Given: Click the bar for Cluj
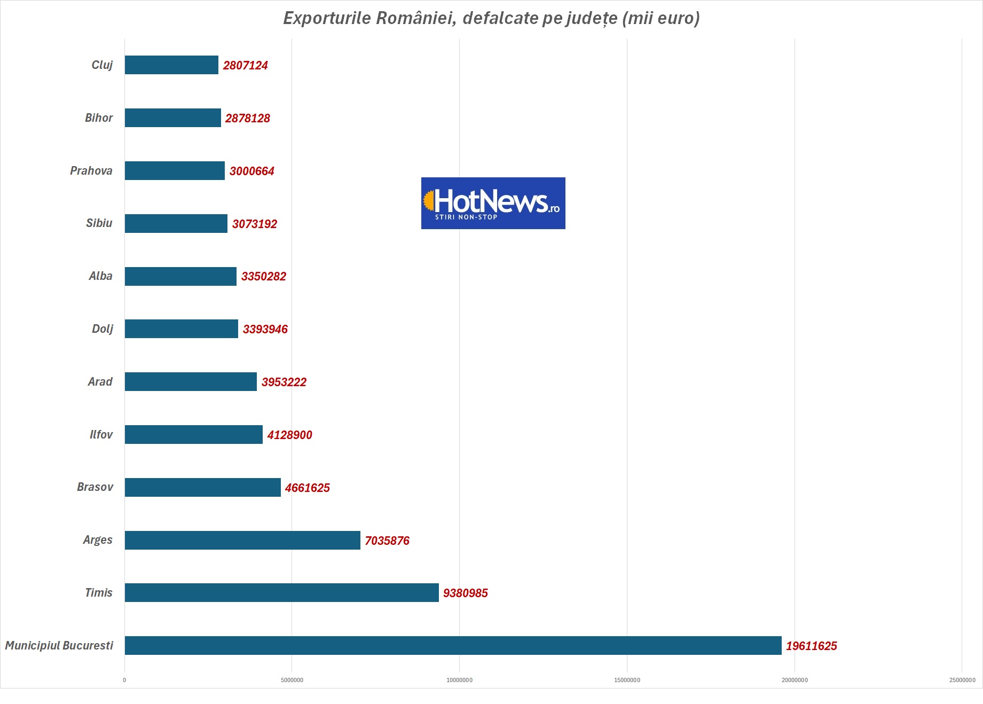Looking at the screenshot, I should pyautogui.click(x=171, y=65).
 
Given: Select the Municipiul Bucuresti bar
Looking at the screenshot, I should pyautogui.click(x=453, y=645).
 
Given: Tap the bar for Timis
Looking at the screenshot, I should pyautogui.click(x=281, y=592).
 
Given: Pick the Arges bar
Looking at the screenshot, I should pyautogui.click(x=242, y=540).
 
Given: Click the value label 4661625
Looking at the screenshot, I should pyautogui.click(x=307, y=488).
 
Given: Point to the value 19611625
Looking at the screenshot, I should pyautogui.click(x=811, y=646).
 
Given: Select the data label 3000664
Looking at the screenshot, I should pyautogui.click(x=251, y=171).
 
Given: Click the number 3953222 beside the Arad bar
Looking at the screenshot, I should pyautogui.click(x=284, y=382).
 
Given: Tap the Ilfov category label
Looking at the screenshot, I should pyautogui.click(x=101, y=434).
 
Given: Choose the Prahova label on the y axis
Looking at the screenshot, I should pyautogui.click(x=91, y=170).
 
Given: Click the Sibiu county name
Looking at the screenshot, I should pyautogui.click(x=99, y=223).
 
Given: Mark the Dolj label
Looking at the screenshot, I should pyautogui.click(x=103, y=328).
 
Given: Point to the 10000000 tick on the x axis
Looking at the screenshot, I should pyautogui.click(x=459, y=680).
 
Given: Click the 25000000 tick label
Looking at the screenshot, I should pyautogui.click(x=962, y=680).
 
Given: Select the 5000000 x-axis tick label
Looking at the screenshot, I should pyautogui.click(x=292, y=680).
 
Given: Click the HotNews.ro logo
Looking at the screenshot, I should pyautogui.click(x=493, y=203).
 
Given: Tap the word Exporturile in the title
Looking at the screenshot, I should pyautogui.click(x=327, y=18).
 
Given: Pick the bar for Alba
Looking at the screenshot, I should pyautogui.click(x=180, y=276).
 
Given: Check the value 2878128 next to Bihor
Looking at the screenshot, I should pyautogui.click(x=247, y=118).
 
